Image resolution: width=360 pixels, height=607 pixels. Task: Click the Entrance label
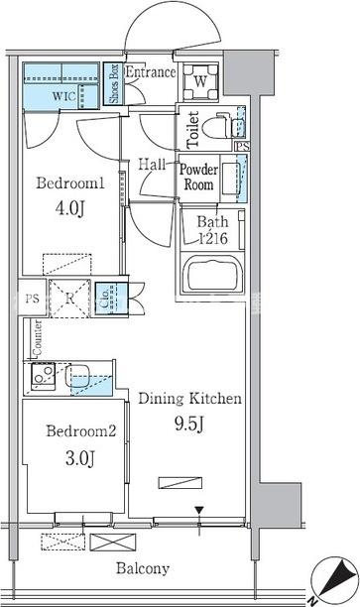(x=151, y=72)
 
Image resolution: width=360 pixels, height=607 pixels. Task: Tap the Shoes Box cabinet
(x=113, y=83)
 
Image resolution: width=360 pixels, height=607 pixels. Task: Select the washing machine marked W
(x=200, y=82)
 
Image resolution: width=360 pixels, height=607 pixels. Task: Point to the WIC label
(x=63, y=96)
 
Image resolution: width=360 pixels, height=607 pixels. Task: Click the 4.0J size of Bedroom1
(x=69, y=208)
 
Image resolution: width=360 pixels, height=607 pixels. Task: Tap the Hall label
(x=152, y=165)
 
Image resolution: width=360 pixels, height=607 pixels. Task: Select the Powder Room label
(x=198, y=177)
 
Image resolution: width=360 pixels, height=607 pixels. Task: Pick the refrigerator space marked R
(x=69, y=299)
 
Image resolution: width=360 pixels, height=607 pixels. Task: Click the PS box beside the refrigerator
(x=33, y=299)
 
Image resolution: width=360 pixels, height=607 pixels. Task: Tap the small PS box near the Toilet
(x=242, y=147)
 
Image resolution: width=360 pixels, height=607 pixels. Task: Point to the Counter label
(x=38, y=338)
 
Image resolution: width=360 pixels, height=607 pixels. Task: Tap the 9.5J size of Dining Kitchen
(x=189, y=424)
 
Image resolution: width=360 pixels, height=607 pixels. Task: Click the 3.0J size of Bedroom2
(x=80, y=459)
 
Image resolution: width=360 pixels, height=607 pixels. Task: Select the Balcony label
(x=143, y=568)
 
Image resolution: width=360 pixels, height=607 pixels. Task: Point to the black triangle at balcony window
(x=199, y=510)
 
